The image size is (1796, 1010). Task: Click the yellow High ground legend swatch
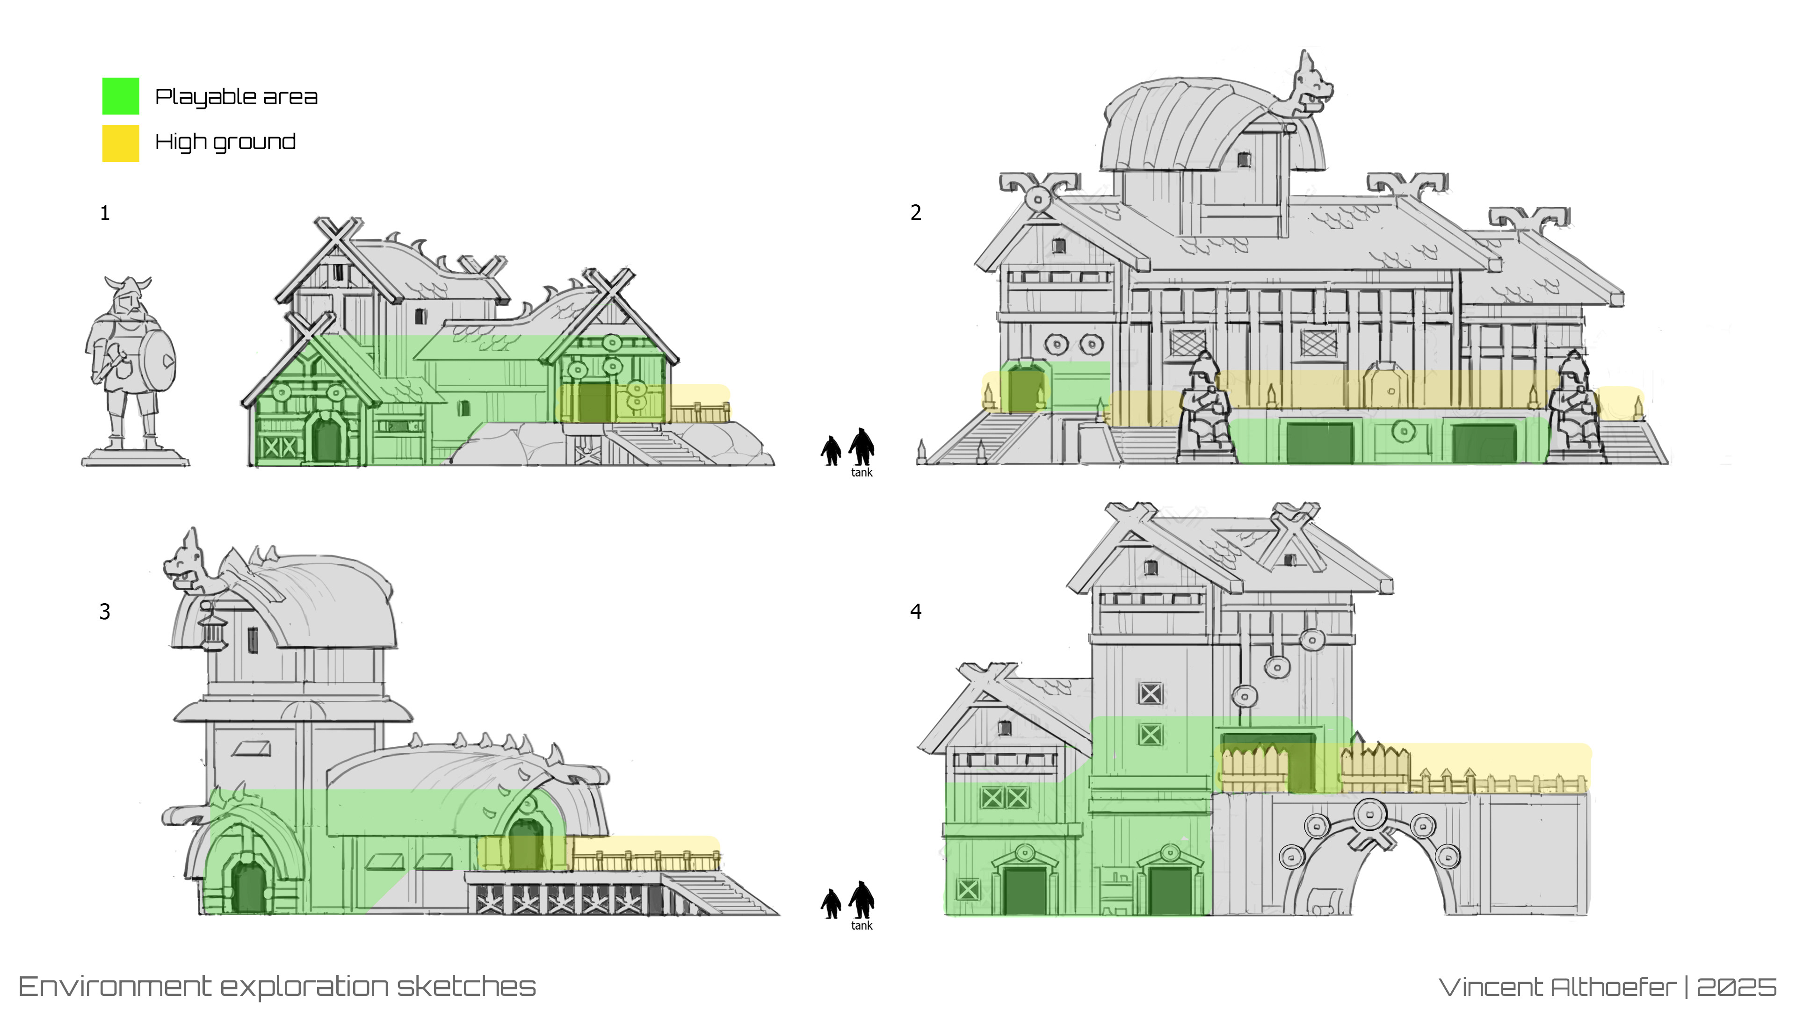point(121,143)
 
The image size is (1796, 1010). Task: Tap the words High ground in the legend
point(225,142)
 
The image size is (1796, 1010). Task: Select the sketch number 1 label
point(105,213)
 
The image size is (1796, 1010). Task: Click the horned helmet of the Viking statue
point(128,287)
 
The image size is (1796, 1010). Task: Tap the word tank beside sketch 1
point(862,473)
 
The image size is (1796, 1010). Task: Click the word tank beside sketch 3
point(862,926)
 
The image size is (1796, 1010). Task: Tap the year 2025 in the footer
point(1736,987)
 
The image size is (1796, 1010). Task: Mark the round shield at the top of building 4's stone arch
point(1369,814)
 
